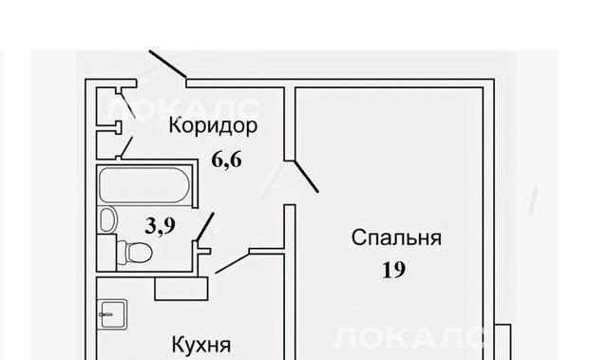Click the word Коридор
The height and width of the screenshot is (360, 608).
[213, 126]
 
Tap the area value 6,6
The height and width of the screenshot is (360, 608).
[227, 160]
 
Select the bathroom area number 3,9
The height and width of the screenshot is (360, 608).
[161, 225]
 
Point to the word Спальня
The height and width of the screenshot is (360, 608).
[396, 237]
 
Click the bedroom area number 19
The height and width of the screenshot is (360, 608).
[394, 270]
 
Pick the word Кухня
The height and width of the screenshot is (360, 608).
[201, 345]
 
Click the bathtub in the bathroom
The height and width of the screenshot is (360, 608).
[144, 185]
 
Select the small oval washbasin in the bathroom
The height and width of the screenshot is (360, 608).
[108, 218]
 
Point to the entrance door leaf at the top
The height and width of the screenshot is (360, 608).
[168, 64]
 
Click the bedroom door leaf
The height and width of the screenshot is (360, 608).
[306, 177]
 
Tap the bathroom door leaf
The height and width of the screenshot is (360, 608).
[205, 227]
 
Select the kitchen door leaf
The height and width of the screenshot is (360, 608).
[233, 263]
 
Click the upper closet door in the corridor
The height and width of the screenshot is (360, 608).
[127, 104]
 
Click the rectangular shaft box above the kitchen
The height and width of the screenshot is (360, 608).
[181, 289]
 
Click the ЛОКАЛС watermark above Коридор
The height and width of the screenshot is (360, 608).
[181, 108]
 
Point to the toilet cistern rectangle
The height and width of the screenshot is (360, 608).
[106, 253]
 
